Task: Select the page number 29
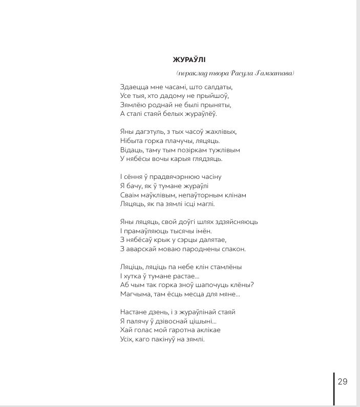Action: (343, 381)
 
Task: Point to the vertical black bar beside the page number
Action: (334, 389)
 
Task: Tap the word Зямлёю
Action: (132, 105)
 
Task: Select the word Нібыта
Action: (131, 140)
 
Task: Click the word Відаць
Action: (130, 150)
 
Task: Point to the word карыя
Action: (181, 158)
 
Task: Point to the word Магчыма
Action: (135, 294)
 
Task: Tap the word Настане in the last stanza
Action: (134, 312)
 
